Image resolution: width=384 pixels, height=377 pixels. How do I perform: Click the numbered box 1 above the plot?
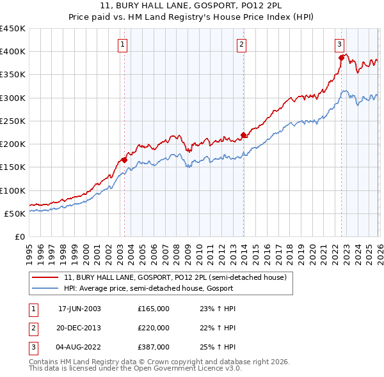click(122, 44)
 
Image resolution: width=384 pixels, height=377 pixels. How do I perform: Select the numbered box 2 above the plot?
click(241, 44)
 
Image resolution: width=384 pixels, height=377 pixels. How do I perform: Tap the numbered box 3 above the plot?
click(339, 44)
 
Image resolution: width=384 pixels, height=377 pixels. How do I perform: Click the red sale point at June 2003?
click(124, 160)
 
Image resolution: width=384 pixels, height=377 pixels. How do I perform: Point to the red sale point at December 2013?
click(243, 135)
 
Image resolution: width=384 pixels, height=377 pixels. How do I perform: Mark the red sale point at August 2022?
click(341, 58)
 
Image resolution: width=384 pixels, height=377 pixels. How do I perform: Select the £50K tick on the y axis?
click(15, 213)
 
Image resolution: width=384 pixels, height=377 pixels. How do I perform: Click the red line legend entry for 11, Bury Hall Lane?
click(179, 277)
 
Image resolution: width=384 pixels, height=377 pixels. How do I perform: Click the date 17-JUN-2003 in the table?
click(79, 309)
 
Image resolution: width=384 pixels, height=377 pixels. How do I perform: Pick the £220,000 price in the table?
click(153, 328)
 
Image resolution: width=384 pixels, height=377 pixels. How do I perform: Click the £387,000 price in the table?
click(153, 347)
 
